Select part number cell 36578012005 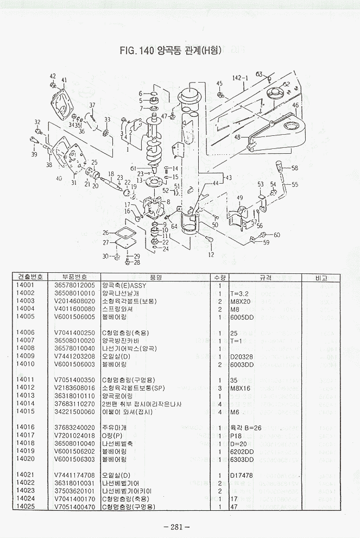click(74, 285)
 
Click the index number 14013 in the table click(26, 396)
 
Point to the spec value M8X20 click(241, 301)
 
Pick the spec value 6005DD click(242, 316)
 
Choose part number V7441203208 click(74, 356)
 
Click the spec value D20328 click(242, 356)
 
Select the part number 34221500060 click(74, 411)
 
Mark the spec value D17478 click(242, 474)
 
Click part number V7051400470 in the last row click(74, 506)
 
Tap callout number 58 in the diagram click(294, 168)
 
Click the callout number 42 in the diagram click(53, 76)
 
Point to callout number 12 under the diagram click(211, 254)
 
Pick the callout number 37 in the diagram click(92, 105)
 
